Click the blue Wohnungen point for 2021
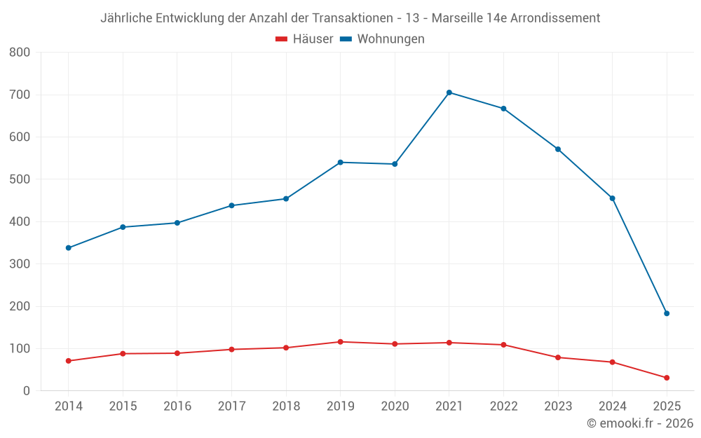(449, 93)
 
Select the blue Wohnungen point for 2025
(667, 313)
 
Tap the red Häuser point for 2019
(340, 342)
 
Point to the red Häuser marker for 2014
(68, 361)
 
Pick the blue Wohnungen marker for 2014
(68, 248)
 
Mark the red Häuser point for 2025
(667, 378)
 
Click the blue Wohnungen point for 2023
(558, 149)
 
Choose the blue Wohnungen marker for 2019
(340, 163)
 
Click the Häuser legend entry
(304, 39)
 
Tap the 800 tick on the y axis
(20, 53)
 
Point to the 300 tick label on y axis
(20, 264)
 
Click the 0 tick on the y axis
(26, 391)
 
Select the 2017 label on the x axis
(231, 406)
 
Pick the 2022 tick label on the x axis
(503, 406)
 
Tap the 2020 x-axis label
(395, 406)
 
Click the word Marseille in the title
(458, 18)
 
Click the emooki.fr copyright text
(640, 423)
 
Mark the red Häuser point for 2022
(503, 345)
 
